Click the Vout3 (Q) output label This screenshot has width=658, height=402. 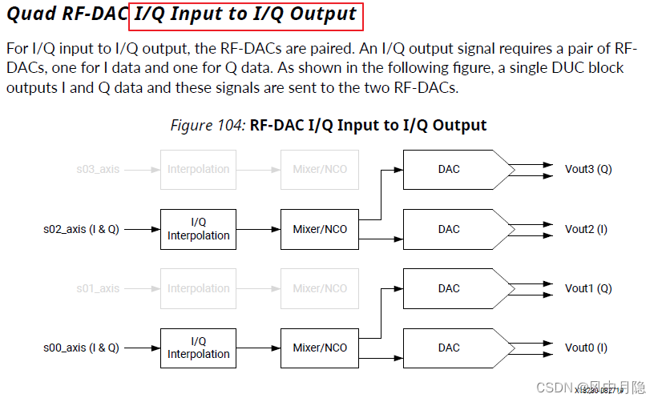(x=588, y=170)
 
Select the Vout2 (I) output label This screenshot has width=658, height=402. (x=586, y=230)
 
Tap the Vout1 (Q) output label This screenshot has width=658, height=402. (x=588, y=288)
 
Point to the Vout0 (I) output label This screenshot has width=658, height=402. (x=586, y=348)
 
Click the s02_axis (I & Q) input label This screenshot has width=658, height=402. (x=81, y=230)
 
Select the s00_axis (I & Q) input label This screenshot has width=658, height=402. (x=81, y=348)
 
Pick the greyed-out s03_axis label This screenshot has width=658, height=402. (x=98, y=170)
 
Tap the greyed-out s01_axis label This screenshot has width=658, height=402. (x=98, y=288)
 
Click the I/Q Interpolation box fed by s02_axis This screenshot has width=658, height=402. (x=198, y=229)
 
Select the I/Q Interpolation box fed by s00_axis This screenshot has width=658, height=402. (x=198, y=348)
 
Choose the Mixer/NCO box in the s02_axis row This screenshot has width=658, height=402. (x=320, y=229)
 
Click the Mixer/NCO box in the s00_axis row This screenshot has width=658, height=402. (x=320, y=348)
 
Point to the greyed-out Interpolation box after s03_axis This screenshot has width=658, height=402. (x=198, y=170)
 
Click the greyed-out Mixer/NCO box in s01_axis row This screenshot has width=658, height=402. (x=320, y=288)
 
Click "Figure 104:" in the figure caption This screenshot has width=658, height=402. (x=208, y=126)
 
